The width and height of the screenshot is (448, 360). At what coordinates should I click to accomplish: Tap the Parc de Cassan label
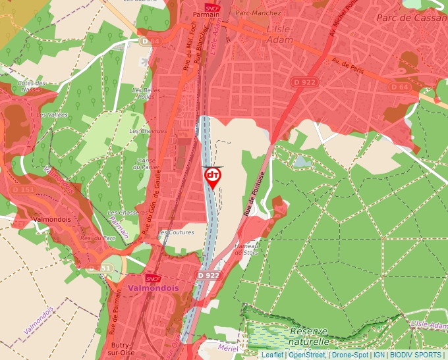click(411, 18)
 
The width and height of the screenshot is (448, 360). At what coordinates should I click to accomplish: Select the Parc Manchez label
click(258, 13)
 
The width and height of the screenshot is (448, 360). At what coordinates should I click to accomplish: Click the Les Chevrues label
click(148, 131)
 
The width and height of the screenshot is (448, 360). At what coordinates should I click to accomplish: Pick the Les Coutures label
click(177, 232)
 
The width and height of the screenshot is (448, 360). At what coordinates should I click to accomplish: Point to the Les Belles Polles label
click(146, 93)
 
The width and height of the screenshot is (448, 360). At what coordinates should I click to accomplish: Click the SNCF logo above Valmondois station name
click(153, 278)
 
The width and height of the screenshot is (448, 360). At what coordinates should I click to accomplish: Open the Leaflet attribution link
click(273, 355)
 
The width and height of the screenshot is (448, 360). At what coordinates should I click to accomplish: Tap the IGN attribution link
click(379, 355)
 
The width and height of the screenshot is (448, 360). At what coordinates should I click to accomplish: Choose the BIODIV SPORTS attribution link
click(416, 355)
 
